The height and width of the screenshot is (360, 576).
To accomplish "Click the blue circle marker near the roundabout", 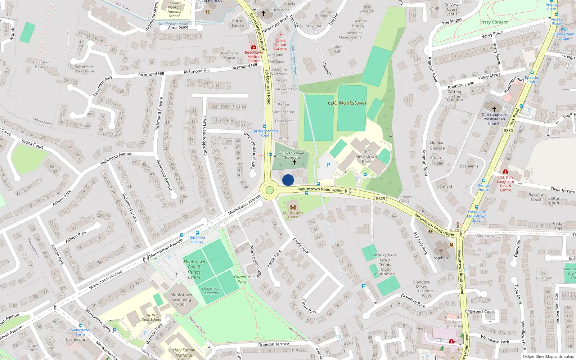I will point(288,180).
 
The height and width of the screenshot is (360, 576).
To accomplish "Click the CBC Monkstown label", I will point(347,103).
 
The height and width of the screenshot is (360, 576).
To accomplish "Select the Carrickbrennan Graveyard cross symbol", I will point(294,162).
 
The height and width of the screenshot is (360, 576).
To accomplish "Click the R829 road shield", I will point(380,198).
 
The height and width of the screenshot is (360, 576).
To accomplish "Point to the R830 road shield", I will point(508,131).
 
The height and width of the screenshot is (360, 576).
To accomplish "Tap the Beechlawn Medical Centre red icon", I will point(253,47).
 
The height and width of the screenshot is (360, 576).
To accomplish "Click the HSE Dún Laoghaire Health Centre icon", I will point(505,172).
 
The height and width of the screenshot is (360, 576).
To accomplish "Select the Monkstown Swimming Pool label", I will point(181,299).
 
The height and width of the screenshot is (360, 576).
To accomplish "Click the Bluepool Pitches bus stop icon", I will point(197,233).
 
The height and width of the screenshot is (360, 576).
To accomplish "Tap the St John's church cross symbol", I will point(441,252).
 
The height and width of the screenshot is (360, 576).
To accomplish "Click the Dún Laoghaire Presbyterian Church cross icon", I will point(494,109).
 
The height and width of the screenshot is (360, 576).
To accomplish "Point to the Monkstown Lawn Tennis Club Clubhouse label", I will point(385,265).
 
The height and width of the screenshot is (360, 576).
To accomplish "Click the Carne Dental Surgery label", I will point(280,45).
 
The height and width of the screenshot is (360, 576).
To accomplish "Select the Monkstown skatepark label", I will point(211,291).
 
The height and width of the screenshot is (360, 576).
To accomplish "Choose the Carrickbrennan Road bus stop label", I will point(265,133).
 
